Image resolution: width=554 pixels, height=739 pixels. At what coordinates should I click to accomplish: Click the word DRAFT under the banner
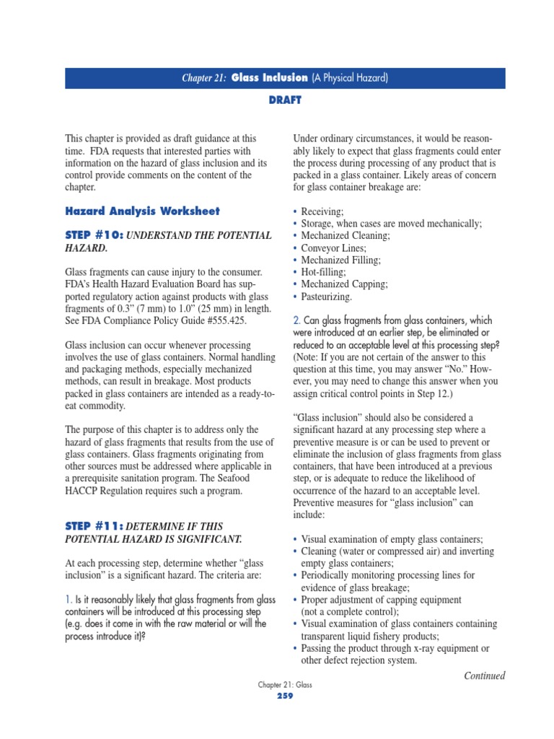pos(285,100)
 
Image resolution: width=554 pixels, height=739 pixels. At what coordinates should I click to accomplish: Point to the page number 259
pos(285,696)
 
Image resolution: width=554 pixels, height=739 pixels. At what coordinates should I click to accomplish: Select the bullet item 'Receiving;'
pos(322,211)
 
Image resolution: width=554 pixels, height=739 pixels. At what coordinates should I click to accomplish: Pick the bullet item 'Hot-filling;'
pos(323,272)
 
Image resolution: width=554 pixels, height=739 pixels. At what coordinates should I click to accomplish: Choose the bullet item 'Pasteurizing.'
pos(327,297)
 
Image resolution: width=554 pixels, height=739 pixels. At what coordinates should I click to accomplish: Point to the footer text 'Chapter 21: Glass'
pos(285,685)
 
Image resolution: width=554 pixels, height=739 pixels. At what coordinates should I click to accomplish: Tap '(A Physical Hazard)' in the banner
pos(350,78)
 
